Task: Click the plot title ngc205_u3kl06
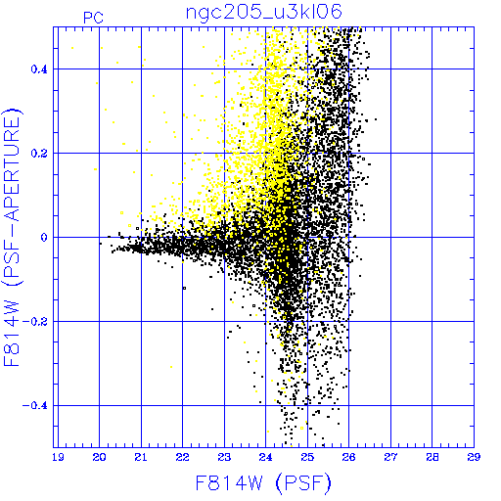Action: pyautogui.click(x=263, y=13)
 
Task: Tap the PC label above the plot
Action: pyautogui.click(x=94, y=18)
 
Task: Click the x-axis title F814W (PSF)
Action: pyautogui.click(x=263, y=482)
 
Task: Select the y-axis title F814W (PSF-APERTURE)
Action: pyautogui.click(x=13, y=238)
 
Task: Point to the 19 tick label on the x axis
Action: pyautogui.click(x=58, y=457)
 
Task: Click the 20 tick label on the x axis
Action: pyautogui.click(x=99, y=457)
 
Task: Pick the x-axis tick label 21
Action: pyautogui.click(x=141, y=457)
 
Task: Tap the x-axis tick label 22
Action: pyautogui.click(x=183, y=457)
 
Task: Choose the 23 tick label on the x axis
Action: pyautogui.click(x=224, y=457)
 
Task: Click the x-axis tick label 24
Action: pyautogui.click(x=266, y=457)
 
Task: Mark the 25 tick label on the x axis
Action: pyautogui.click(x=307, y=457)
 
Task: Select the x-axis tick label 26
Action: pyautogui.click(x=349, y=457)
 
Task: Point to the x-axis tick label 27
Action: pyautogui.click(x=390, y=457)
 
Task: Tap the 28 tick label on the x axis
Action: pyautogui.click(x=433, y=457)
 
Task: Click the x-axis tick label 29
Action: pyautogui.click(x=474, y=457)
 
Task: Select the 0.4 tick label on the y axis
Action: pyautogui.click(x=39, y=69)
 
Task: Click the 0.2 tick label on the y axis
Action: pyautogui.click(x=39, y=154)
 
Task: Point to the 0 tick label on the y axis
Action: pyautogui.click(x=44, y=238)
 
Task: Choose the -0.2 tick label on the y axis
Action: pyautogui.click(x=35, y=322)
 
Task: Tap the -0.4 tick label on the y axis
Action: pyautogui.click(x=35, y=406)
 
